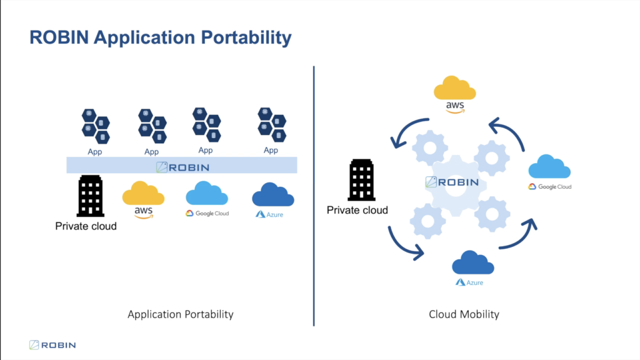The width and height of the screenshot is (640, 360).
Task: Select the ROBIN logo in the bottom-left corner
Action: click(52, 345)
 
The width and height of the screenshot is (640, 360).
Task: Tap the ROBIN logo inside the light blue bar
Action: click(182, 167)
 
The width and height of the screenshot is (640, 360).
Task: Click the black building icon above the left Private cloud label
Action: click(90, 196)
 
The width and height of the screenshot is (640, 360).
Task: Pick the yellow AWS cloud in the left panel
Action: click(143, 193)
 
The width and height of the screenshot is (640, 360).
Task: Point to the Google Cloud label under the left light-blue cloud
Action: click(207, 213)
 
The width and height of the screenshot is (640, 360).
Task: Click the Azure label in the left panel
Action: click(269, 214)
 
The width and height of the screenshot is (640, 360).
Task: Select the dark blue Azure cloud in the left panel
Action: click(273, 194)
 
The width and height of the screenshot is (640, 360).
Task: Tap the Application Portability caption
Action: click(181, 314)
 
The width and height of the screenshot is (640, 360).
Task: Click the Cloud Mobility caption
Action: click(464, 314)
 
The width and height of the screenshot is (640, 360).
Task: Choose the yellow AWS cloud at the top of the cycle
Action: click(455, 87)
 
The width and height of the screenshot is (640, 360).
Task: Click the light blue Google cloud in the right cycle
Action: click(549, 166)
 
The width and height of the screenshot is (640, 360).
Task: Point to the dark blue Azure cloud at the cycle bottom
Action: click(473, 262)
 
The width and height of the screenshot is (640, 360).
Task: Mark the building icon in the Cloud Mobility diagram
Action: click(362, 180)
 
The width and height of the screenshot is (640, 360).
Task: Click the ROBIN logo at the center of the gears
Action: click(452, 182)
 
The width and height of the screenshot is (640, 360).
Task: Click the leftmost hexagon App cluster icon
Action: click(96, 126)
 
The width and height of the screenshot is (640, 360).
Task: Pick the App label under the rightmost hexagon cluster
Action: click(271, 150)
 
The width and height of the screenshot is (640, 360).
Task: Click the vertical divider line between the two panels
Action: click(314, 196)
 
